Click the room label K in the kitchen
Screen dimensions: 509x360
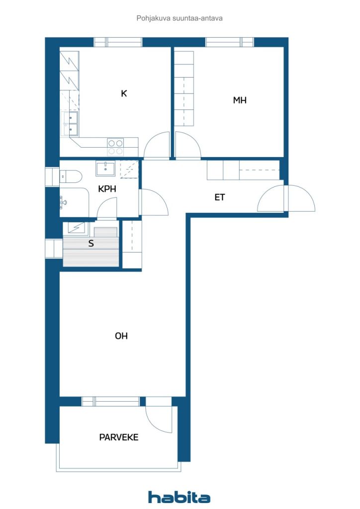click(124, 93)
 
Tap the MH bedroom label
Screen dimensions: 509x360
click(240, 100)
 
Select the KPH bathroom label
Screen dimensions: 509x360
click(107, 189)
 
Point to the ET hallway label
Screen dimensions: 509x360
click(220, 197)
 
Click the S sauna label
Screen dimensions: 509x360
click(91, 244)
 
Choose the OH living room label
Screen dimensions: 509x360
click(121, 336)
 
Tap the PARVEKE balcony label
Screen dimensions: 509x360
click(118, 437)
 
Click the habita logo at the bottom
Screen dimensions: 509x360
click(180, 497)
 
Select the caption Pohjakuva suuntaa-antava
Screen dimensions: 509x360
click(180, 18)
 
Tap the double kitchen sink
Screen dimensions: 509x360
click(70, 124)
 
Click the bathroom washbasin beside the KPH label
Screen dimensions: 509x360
click(105, 169)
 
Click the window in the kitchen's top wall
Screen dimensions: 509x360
click(118, 42)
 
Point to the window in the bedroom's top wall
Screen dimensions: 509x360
click(230, 42)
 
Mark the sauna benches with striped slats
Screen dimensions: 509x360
click(91, 254)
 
